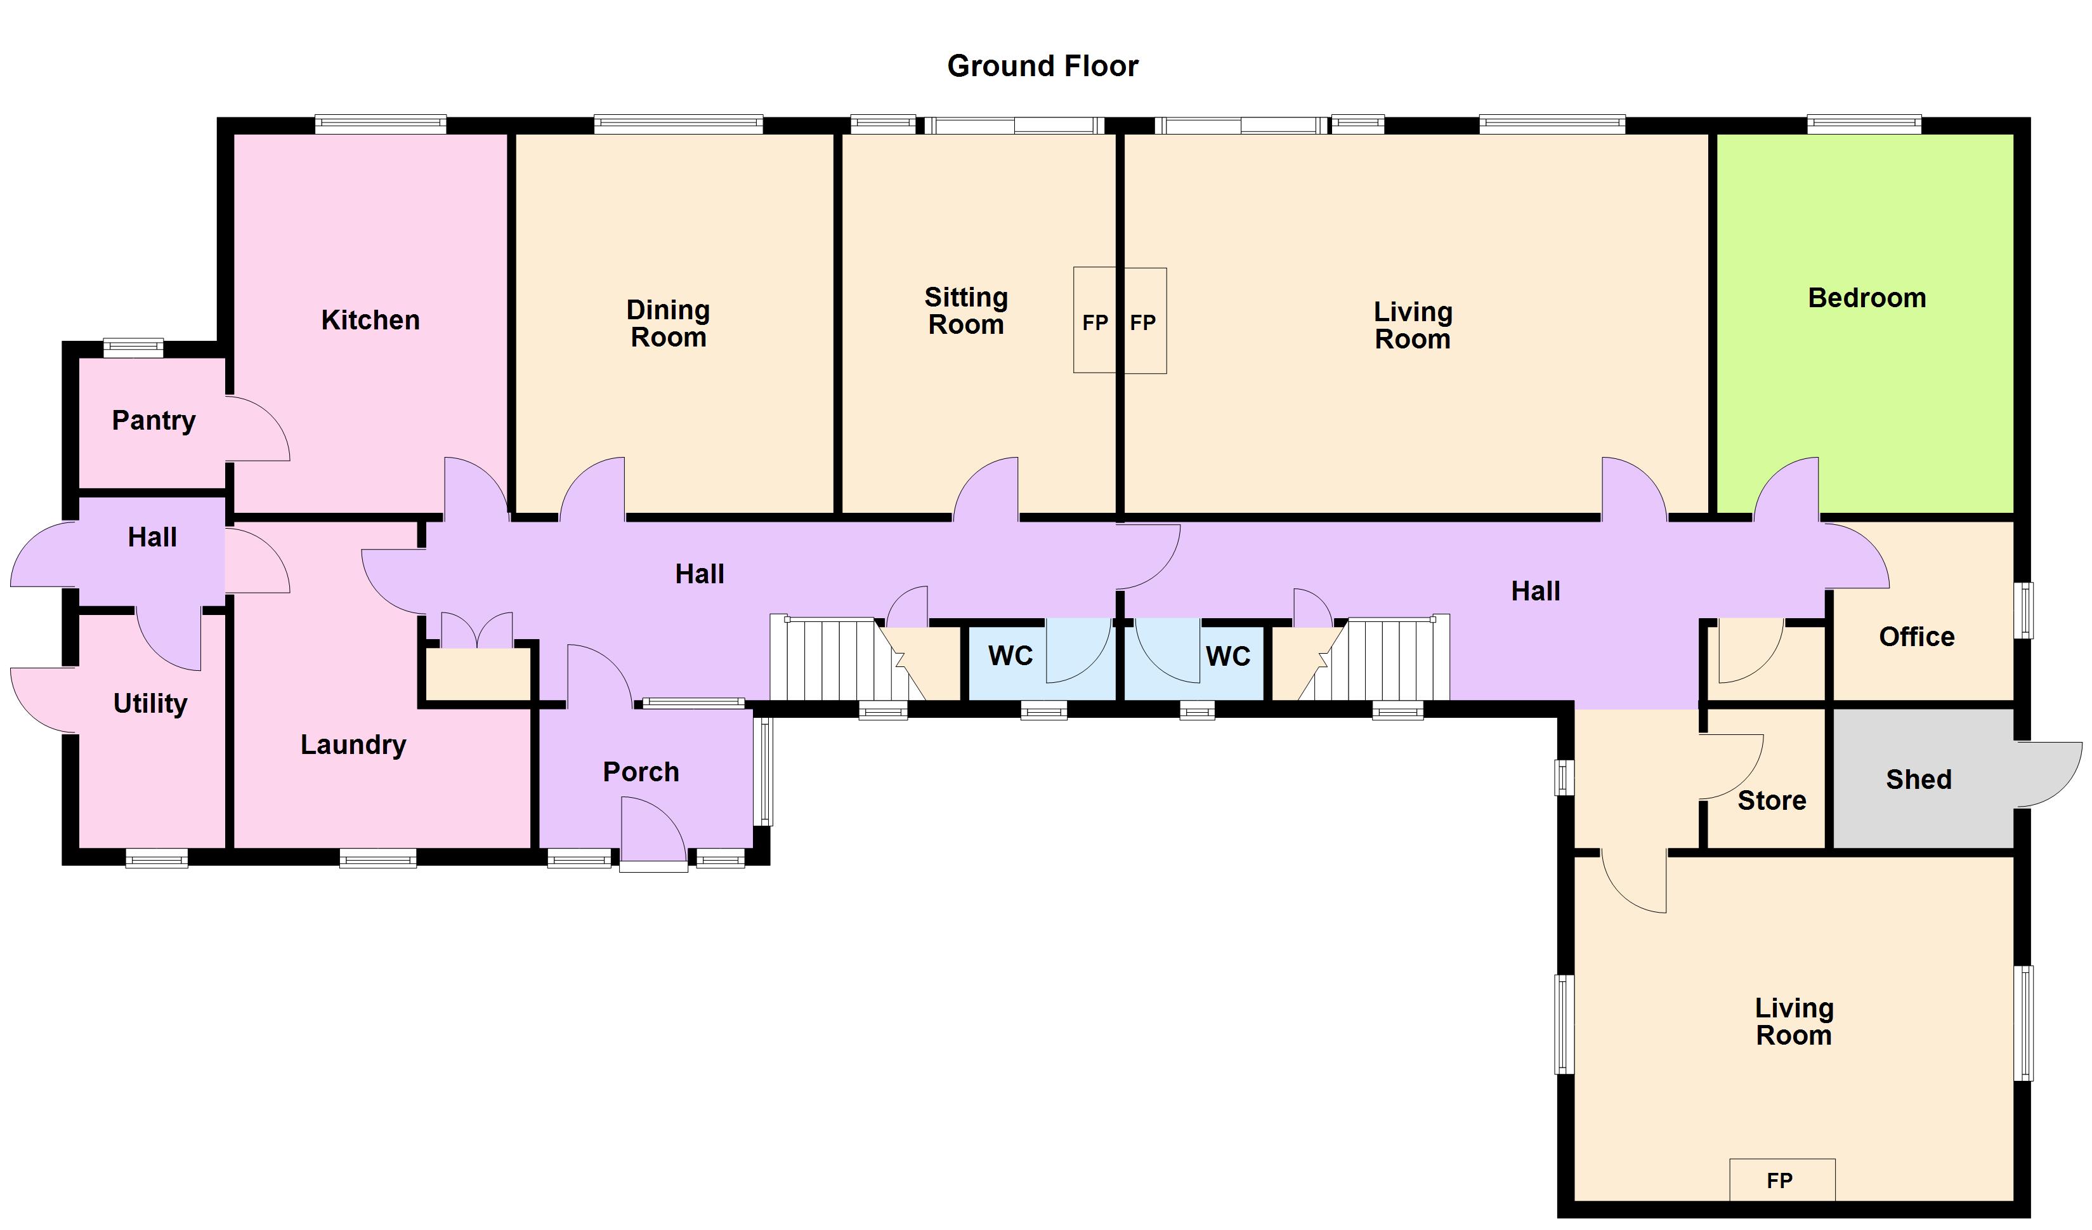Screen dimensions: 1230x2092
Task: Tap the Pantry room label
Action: [x=154, y=420]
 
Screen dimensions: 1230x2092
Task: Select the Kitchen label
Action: [x=370, y=320]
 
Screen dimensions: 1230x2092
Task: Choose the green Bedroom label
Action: [x=1866, y=297]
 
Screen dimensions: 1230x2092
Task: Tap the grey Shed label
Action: [x=1918, y=779]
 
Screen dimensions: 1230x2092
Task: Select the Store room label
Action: [x=1772, y=800]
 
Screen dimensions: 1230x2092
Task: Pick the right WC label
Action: [x=1228, y=657]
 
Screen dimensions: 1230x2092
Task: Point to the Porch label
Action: [x=641, y=772]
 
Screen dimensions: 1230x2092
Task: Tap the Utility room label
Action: [x=150, y=703]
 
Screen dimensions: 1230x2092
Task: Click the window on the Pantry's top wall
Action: [x=133, y=347]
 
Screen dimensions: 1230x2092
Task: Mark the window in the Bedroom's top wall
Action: [x=1864, y=124]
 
